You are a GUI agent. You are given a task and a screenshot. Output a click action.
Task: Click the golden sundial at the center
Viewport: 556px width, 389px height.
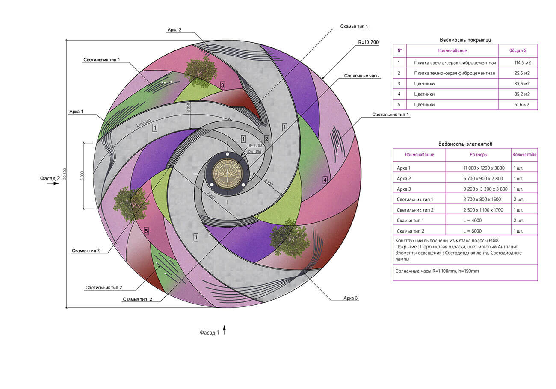(x=226, y=174)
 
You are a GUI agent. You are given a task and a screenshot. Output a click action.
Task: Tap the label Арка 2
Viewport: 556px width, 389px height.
(x=174, y=30)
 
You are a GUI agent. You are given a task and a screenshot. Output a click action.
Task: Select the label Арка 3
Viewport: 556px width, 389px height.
(x=350, y=298)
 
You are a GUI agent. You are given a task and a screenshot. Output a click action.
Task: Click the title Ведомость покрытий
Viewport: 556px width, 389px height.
(x=465, y=40)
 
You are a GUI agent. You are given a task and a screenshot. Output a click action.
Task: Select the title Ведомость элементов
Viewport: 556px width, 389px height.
(x=465, y=144)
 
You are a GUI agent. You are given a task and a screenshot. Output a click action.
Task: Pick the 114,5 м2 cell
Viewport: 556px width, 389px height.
(x=522, y=63)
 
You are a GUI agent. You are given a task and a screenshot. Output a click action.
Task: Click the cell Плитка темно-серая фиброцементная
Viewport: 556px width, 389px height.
(x=455, y=73)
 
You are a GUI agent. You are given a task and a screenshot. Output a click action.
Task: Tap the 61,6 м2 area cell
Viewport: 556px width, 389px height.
(x=522, y=105)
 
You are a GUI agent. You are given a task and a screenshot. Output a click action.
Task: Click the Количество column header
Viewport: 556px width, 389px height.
(x=524, y=154)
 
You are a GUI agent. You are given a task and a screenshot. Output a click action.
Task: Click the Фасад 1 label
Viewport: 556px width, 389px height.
(x=209, y=333)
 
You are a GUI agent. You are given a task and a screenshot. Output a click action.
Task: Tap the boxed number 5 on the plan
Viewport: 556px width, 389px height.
(x=146, y=231)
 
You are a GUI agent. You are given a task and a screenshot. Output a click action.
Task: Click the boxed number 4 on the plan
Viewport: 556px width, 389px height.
(x=325, y=180)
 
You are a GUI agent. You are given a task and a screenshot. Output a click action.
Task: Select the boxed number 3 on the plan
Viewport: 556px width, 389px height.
(x=222, y=85)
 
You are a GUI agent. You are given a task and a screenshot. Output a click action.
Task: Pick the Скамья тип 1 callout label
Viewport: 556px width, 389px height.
(x=354, y=27)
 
